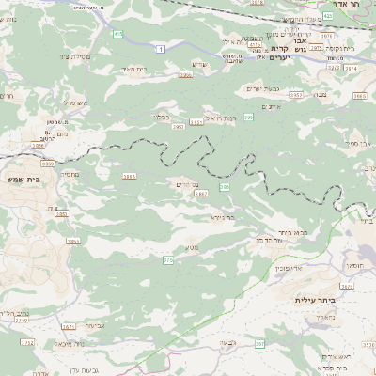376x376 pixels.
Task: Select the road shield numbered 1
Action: click(x=162, y=48)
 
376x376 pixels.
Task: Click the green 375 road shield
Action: click(x=168, y=259)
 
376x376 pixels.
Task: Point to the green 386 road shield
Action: click(x=225, y=188)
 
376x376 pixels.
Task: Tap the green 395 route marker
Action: click(x=249, y=117)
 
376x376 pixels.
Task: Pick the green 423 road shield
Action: click(x=327, y=15)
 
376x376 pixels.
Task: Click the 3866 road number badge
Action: click(x=129, y=176)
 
